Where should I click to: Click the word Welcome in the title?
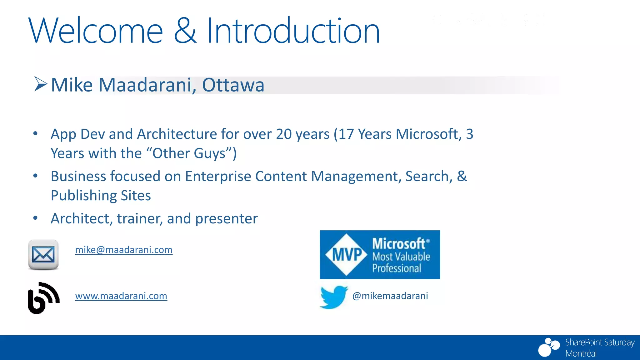click(96, 31)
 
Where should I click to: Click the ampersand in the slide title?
click(185, 31)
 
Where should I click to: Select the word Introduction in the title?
click(293, 31)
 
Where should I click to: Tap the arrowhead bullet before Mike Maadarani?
click(40, 84)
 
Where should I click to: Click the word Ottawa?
click(233, 85)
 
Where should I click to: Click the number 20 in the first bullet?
click(284, 134)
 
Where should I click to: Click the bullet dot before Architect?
click(36, 218)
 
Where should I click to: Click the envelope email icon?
click(43, 254)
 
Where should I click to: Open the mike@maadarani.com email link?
click(124, 250)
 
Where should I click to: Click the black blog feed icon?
click(43, 298)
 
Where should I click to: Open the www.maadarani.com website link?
click(121, 296)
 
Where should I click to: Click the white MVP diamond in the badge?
click(346, 254)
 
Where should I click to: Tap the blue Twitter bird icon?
click(333, 297)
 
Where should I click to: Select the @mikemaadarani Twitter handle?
click(390, 296)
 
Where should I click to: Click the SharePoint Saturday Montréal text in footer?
click(599, 347)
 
